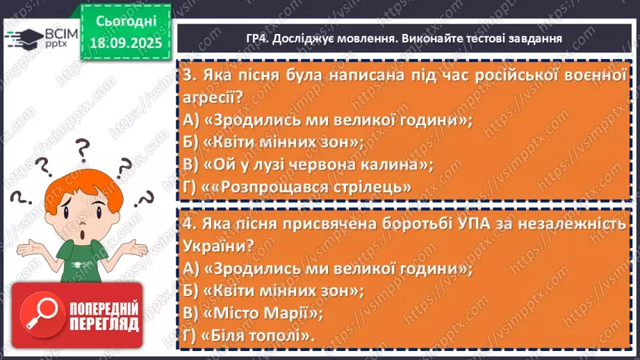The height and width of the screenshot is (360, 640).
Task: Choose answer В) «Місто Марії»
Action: pyautogui.click(x=253, y=313)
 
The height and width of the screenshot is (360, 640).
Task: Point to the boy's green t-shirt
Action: pyautogui.click(x=83, y=257)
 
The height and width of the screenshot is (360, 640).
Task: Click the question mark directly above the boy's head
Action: pyautogui.click(x=83, y=147)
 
